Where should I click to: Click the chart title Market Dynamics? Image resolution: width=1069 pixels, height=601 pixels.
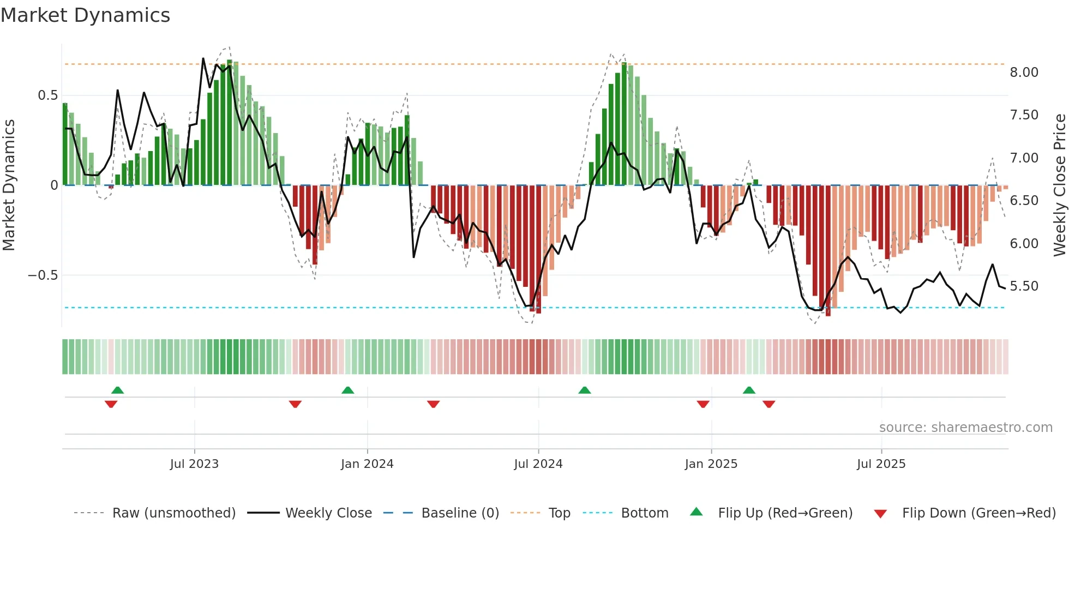coord(85,15)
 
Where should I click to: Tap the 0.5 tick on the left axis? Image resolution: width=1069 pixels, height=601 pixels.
coord(47,95)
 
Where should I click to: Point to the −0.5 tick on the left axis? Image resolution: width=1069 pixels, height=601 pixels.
coord(43,275)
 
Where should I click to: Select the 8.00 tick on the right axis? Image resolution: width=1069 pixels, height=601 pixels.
coord(1024,73)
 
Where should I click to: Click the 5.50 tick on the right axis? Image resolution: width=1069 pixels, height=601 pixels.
coord(1024,286)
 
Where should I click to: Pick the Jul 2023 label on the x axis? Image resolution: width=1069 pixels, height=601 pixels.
coord(194,464)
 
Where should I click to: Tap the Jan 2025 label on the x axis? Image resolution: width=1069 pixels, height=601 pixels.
coord(711,464)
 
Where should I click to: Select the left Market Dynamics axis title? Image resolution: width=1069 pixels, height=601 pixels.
coord(9,185)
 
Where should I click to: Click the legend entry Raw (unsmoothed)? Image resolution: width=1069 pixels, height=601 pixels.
coord(173,513)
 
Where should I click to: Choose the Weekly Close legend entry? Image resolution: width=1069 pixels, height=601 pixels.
coord(328,513)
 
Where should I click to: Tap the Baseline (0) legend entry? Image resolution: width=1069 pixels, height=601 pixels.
coord(460,513)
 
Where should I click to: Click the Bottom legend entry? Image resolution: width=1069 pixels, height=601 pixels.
coord(644,513)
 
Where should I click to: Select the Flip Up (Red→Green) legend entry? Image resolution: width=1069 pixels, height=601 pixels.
coord(785,513)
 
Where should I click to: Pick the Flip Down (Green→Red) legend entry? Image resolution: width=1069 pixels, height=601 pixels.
coord(978,513)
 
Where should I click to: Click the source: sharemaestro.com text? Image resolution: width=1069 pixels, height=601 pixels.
coord(965,428)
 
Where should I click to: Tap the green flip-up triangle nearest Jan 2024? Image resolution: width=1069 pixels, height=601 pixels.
coord(348,390)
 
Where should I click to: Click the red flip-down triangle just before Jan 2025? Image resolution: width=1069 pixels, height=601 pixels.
coord(703,404)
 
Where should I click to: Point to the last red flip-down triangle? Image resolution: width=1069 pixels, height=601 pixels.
coord(769,404)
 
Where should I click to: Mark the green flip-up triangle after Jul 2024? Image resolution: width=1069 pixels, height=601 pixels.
coord(585,390)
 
